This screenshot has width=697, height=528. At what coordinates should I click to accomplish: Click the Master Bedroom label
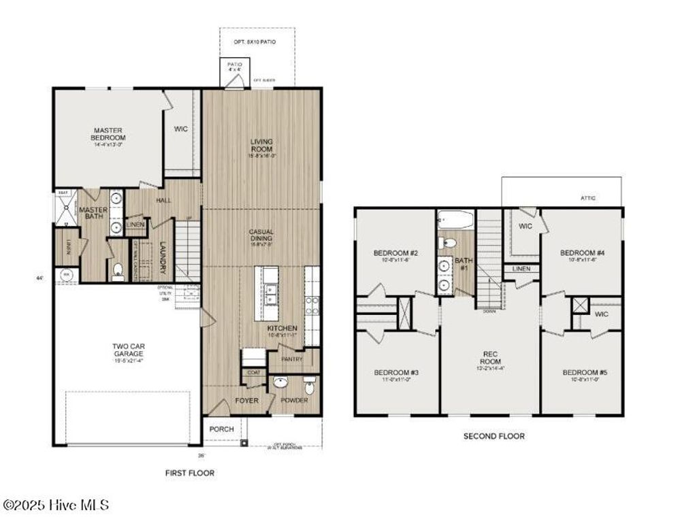pyautogui.click(x=109, y=133)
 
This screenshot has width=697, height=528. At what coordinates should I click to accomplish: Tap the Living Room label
pyautogui.click(x=261, y=145)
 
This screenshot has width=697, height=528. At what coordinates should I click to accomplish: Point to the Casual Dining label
pyautogui.click(x=261, y=235)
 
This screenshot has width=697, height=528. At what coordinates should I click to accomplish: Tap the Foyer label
pyautogui.click(x=246, y=401)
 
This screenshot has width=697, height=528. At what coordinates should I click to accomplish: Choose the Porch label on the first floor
pyautogui.click(x=222, y=429)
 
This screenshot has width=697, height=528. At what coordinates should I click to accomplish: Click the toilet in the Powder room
pyautogui.click(x=309, y=387)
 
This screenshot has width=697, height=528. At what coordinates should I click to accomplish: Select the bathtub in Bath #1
pyautogui.click(x=455, y=220)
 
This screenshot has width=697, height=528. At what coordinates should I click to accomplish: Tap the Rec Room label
pyautogui.click(x=490, y=357)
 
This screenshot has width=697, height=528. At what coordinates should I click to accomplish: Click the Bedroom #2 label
pyautogui.click(x=395, y=253)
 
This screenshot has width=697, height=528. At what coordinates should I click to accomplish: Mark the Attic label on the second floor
pyautogui.click(x=588, y=198)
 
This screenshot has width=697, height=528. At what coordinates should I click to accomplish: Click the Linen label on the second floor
pyautogui.click(x=521, y=269)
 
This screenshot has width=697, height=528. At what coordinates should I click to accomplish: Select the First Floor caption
pyautogui.click(x=190, y=472)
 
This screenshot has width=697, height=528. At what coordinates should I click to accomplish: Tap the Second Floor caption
pyautogui.click(x=494, y=436)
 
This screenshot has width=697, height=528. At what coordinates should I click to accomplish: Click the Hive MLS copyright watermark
pyautogui.click(x=56, y=505)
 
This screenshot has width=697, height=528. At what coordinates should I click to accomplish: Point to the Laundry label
pyautogui.click(x=163, y=258)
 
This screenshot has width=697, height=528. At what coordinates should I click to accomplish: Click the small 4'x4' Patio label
pyautogui.click(x=235, y=67)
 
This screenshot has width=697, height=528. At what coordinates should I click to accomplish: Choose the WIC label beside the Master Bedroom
pyautogui.click(x=180, y=129)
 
